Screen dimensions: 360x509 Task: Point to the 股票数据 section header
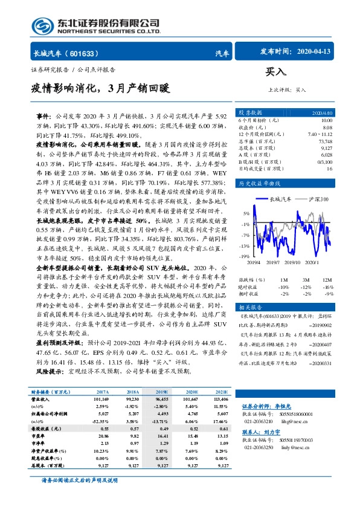pyautogui.click(x=250, y=113)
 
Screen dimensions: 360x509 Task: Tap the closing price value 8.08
pyautogui.click(x=327, y=126)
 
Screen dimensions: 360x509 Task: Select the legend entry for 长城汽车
pyautogui.click(x=280, y=198)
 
